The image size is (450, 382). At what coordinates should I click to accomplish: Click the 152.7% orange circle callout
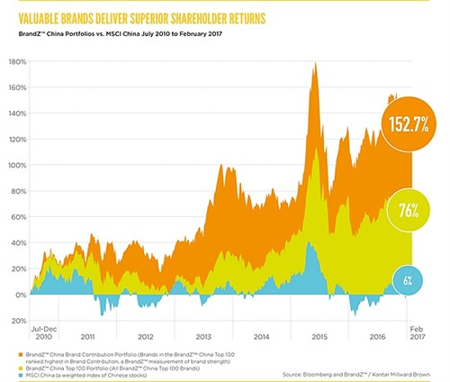click(x=404, y=124)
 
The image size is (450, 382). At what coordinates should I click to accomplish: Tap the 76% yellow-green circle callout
click(x=403, y=211)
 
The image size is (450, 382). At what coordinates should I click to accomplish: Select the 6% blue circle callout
click(x=407, y=281)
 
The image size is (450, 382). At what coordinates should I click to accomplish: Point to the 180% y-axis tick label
click(x=15, y=62)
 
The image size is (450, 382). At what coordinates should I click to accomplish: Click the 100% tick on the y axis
click(x=15, y=166)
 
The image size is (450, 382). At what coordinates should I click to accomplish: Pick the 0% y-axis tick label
click(x=19, y=295)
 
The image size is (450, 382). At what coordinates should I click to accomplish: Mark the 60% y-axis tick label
click(x=17, y=217)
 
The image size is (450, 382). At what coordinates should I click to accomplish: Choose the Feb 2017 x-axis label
click(x=418, y=332)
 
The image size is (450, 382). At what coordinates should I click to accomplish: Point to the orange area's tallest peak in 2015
click(x=313, y=63)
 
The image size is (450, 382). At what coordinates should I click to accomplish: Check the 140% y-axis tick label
click(x=15, y=114)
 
